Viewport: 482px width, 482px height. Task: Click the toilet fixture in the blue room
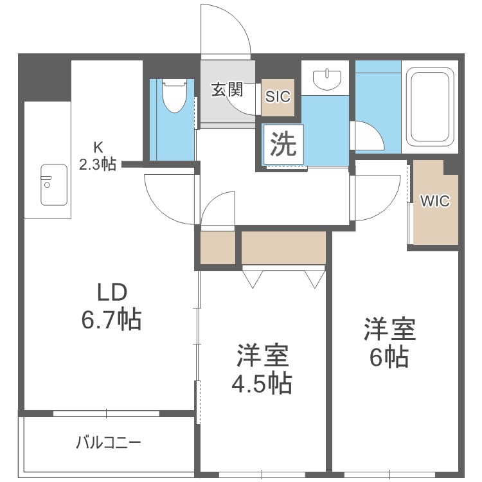(x=173, y=96)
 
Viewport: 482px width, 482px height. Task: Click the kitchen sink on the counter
(x=54, y=184)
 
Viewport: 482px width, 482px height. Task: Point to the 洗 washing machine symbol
(x=283, y=144)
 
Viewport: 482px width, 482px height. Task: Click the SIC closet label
(x=279, y=97)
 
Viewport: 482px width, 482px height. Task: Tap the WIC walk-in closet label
(x=435, y=201)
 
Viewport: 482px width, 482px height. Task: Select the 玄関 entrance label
(x=227, y=89)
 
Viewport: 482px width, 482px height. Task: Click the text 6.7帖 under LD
(x=111, y=319)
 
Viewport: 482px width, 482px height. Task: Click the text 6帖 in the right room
(x=389, y=357)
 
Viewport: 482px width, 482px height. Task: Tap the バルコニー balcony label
(x=108, y=443)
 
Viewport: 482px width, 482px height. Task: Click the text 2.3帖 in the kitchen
(x=98, y=165)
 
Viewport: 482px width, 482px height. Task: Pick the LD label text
(x=111, y=292)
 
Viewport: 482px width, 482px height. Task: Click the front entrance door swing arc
(x=225, y=29)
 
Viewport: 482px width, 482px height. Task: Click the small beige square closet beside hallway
(x=217, y=247)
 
